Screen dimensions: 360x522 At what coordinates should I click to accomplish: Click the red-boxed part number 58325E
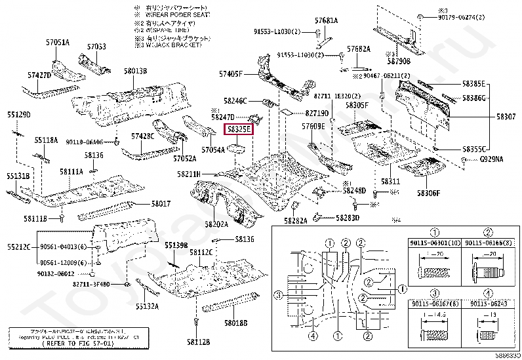(239, 130)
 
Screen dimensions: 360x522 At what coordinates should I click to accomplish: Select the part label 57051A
(58, 43)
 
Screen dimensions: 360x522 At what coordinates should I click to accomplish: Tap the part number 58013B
(134, 70)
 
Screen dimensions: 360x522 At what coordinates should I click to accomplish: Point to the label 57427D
(39, 75)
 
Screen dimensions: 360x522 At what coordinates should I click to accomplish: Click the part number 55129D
(19, 115)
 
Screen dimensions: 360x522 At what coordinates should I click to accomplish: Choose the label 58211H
(188, 174)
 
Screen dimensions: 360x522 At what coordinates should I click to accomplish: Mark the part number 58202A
(216, 224)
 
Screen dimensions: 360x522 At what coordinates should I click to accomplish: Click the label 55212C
(20, 247)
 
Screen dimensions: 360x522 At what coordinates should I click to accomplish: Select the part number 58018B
(235, 323)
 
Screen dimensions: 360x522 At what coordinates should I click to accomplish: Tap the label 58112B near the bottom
(197, 342)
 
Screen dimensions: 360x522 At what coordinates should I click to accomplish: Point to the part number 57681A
(326, 21)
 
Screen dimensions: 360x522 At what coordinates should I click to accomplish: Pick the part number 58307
(506, 116)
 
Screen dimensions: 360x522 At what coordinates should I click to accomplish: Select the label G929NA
(491, 159)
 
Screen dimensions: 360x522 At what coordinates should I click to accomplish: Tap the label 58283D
(348, 218)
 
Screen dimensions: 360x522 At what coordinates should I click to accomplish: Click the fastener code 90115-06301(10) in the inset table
(434, 243)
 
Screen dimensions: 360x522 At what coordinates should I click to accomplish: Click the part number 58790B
(398, 61)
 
